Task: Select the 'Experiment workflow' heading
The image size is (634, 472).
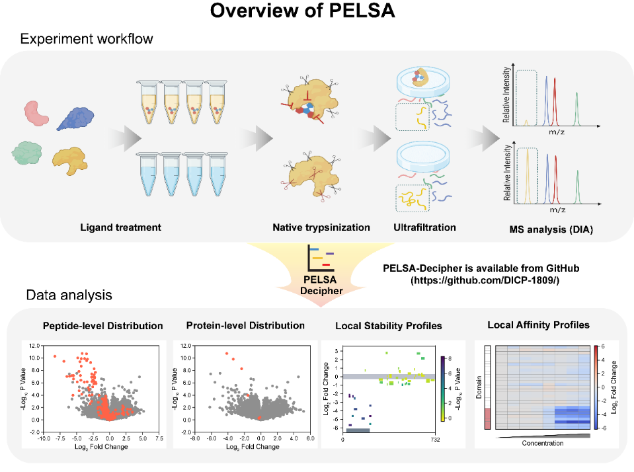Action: [86, 38]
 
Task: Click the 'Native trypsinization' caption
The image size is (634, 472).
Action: [321, 227]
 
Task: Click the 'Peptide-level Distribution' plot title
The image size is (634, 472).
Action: [102, 325]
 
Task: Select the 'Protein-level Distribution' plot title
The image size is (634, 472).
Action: [245, 325]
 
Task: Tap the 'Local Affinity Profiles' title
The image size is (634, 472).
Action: [538, 325]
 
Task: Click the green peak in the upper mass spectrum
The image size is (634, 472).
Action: [577, 106]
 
